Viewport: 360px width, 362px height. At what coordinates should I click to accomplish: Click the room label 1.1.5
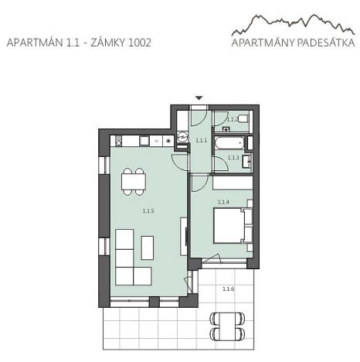148,210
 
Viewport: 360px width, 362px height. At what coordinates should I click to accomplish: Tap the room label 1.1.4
223,202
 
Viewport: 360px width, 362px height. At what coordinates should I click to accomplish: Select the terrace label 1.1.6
228,289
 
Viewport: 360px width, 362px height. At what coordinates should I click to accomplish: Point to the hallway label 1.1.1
201,141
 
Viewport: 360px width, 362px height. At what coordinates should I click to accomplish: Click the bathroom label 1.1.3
233,158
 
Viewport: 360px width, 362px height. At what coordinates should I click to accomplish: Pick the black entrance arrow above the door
199,97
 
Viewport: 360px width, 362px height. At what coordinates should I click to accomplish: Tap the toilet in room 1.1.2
243,118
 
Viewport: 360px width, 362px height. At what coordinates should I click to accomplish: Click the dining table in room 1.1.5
133,182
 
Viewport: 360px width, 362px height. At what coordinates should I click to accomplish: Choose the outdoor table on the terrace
229,326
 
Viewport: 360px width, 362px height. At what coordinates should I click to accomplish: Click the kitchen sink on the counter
155,142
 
